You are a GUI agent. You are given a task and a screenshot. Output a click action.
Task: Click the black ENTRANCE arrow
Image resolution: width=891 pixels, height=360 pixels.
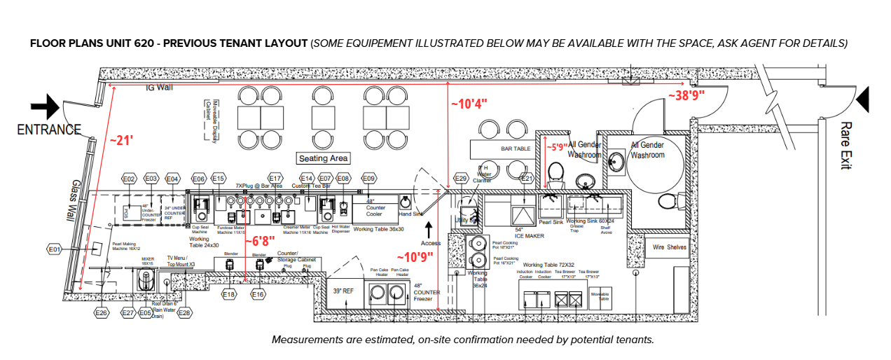click(x=46, y=107)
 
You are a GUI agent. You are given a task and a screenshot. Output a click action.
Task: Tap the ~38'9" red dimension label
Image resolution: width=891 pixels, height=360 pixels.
click(x=686, y=95)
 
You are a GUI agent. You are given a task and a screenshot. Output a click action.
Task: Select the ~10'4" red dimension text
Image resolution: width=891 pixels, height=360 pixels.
click(x=469, y=104)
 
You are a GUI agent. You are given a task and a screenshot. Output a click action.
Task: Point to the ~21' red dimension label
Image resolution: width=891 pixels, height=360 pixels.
click(x=121, y=140)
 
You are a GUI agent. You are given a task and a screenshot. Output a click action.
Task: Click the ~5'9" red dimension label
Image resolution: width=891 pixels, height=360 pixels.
click(x=558, y=147)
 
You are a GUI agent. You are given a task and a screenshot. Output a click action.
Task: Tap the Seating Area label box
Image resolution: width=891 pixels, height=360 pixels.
click(x=324, y=158)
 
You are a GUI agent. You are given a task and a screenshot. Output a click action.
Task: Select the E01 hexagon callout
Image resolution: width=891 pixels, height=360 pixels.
click(x=55, y=249)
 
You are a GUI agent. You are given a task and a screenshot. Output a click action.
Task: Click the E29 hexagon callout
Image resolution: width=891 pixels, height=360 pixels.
click(x=460, y=179)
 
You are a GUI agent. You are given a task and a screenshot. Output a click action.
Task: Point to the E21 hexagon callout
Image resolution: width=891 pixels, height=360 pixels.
click(x=527, y=179)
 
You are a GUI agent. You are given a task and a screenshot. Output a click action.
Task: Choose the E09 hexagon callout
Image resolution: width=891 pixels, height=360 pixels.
click(x=368, y=179)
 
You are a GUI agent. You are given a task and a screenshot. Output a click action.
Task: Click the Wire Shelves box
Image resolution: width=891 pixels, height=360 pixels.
click(x=670, y=247)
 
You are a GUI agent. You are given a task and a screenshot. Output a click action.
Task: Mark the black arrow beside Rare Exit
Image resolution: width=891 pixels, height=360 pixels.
click(x=863, y=99)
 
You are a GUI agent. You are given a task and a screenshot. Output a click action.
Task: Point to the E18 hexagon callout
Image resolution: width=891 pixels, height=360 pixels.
click(x=228, y=295)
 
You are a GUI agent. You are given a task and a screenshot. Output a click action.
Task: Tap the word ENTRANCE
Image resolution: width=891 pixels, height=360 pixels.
click(x=49, y=130)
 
